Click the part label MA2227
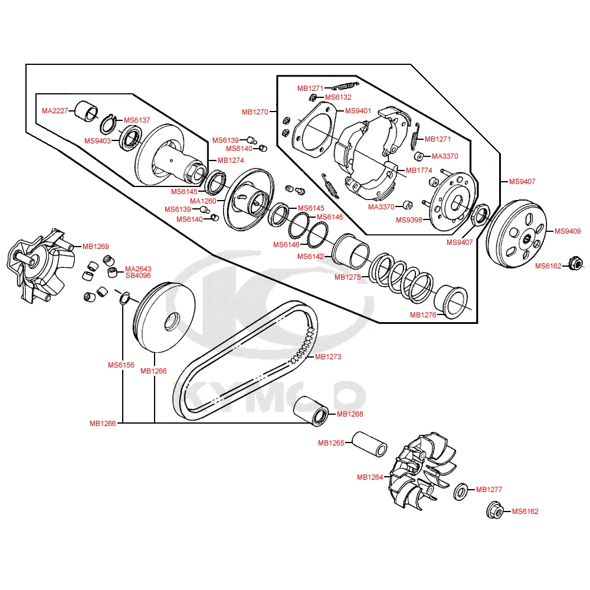pos(55,111)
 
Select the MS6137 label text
pos(137,120)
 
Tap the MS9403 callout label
pos(97,141)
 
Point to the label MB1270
pos(255,112)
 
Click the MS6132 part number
pos(338,97)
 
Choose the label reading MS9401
pos(358,111)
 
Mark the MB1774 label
pos(419,171)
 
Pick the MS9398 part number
pos(409,220)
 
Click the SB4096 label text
pos(138,276)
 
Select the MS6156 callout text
pos(121,365)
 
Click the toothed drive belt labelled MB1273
pos(245,360)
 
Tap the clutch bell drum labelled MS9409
pos(516,234)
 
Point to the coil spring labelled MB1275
pos(401,278)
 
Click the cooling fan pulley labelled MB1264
pos(423,471)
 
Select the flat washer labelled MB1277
pos(461,492)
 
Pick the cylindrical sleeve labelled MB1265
pos(369,444)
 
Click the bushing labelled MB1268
pos(311,411)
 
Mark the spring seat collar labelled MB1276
pos(451,301)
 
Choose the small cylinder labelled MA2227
pos(86,112)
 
